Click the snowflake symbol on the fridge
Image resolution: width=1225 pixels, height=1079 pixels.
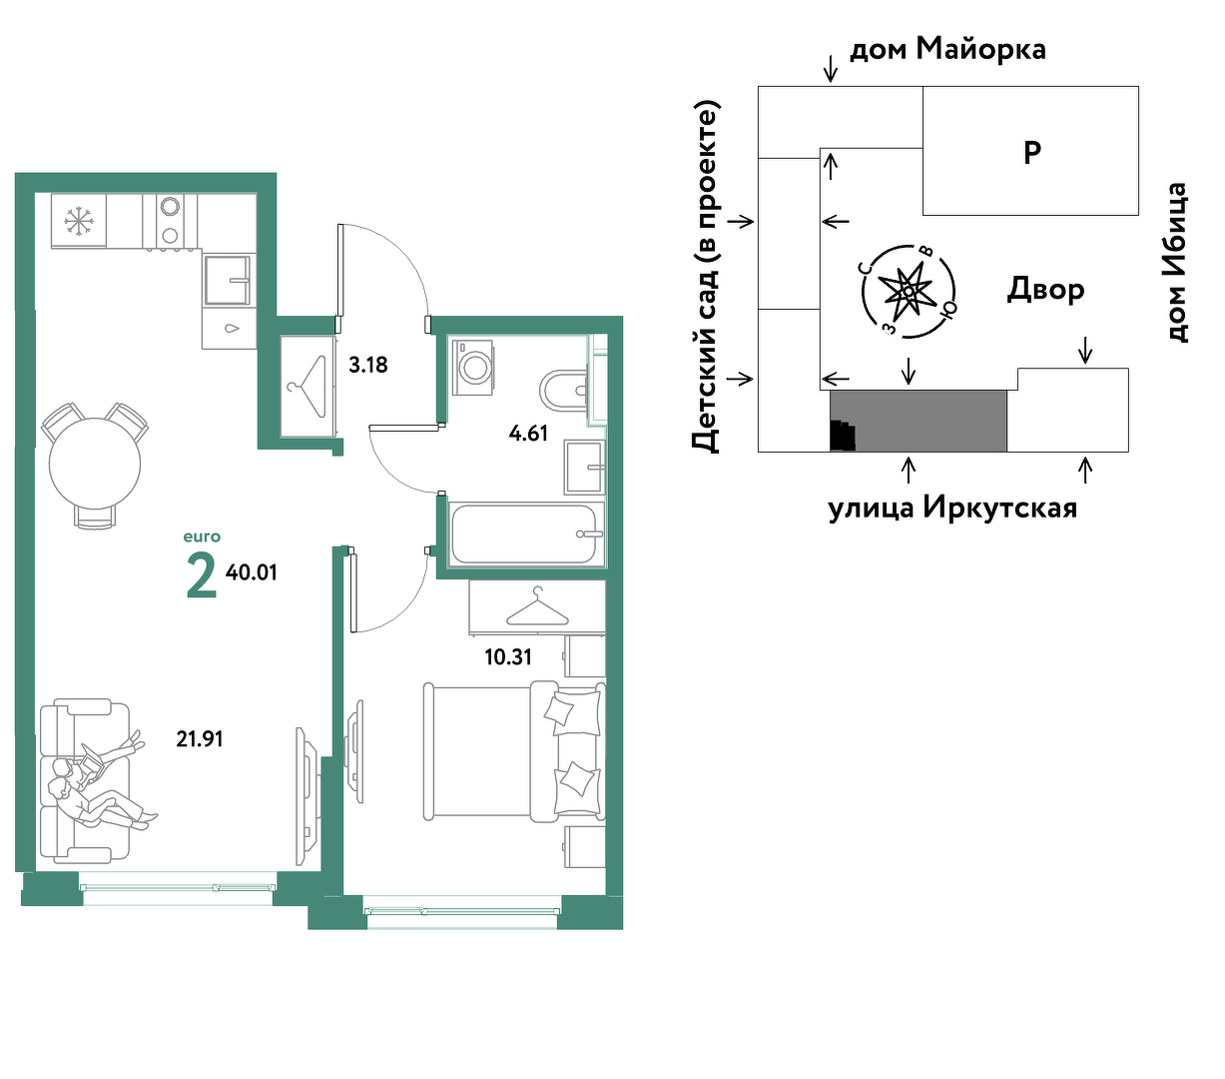[77, 221]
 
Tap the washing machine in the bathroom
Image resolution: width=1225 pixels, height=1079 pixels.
[472, 368]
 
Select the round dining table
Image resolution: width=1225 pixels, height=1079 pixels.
[95, 464]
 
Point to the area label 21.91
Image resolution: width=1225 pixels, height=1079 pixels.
[200, 739]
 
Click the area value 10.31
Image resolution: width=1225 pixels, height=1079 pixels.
[508, 657]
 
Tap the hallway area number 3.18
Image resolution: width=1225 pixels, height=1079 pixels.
[368, 365]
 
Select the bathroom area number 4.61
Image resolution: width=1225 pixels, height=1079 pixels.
[528, 434]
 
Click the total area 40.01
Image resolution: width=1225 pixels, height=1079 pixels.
[251, 572]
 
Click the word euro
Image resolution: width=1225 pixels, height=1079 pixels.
[202, 537]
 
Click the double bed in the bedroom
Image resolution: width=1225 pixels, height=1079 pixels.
[514, 751]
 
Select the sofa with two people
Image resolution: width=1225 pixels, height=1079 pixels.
[85, 780]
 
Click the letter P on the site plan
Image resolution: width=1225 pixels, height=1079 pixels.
[1031, 152]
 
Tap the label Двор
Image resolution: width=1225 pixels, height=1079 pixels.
[1045, 290]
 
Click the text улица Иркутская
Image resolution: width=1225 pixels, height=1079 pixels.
[952, 508]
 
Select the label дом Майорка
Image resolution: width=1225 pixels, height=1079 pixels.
[947, 49]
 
